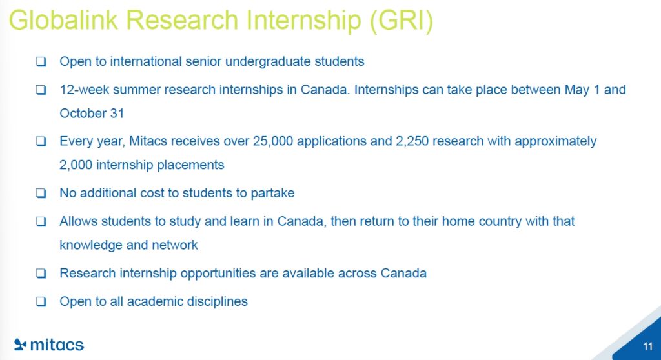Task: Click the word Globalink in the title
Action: (63, 20)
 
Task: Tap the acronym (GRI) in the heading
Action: (401, 21)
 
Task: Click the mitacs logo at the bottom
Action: (49, 345)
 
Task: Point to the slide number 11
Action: (648, 346)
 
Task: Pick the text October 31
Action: (92, 114)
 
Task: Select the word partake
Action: (273, 193)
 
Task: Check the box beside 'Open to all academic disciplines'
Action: (41, 301)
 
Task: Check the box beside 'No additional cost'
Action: (41, 193)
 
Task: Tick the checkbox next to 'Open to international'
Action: (41, 61)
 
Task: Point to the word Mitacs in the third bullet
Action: (148, 141)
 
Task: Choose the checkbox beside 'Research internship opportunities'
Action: (41, 273)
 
